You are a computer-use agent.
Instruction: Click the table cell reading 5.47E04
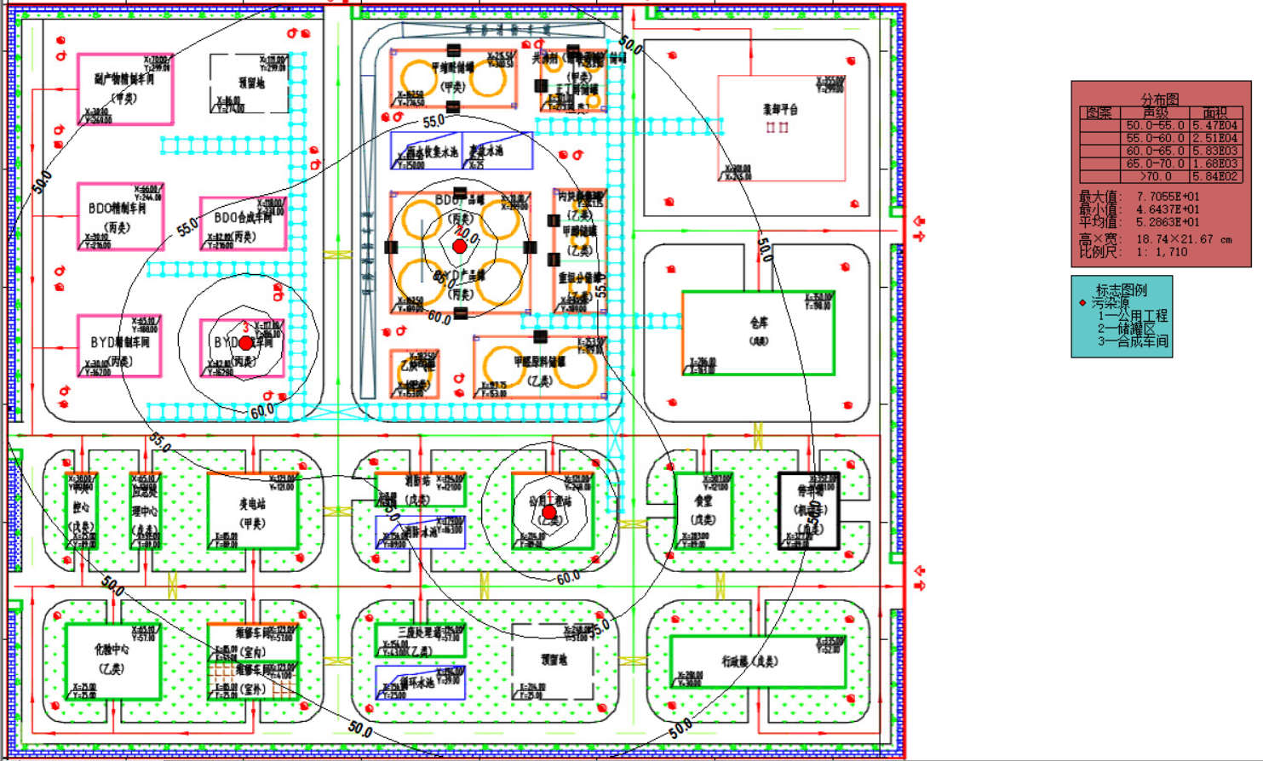[x=1214, y=125]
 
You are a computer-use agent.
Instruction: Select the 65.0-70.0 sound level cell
[x=1155, y=163]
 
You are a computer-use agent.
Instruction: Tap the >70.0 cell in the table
[x=1155, y=176]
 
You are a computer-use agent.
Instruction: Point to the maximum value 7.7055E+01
[x=1167, y=197]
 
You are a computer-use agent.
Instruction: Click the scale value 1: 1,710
[x=1161, y=252]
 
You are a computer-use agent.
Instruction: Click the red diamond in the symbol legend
[x=1082, y=303]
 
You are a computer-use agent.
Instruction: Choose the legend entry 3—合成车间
[x=1133, y=341]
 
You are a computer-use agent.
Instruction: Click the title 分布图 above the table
[x=1160, y=100]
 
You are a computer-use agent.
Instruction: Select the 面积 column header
[x=1214, y=112]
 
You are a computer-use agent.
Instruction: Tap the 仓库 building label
[x=759, y=323]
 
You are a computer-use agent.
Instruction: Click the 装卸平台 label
[x=780, y=110]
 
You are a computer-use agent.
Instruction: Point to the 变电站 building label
[x=252, y=504]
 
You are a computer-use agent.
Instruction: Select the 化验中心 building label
[x=112, y=649]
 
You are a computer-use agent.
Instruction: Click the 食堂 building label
[x=703, y=502]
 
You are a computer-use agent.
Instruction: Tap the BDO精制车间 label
[x=117, y=209]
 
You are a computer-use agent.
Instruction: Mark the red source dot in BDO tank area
[x=459, y=246]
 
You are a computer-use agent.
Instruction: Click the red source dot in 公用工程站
[x=550, y=512]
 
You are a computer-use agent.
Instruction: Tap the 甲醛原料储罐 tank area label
[x=539, y=361]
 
